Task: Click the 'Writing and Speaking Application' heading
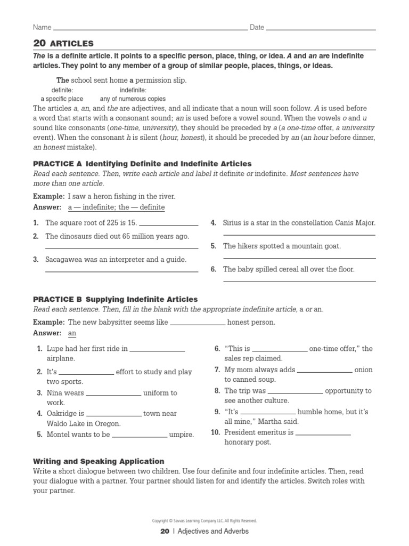click(99, 461)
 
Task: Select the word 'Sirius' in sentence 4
click(233, 223)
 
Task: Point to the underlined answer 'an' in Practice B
click(72, 333)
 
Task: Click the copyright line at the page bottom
click(204, 520)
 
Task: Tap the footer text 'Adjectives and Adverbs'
click(213, 531)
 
